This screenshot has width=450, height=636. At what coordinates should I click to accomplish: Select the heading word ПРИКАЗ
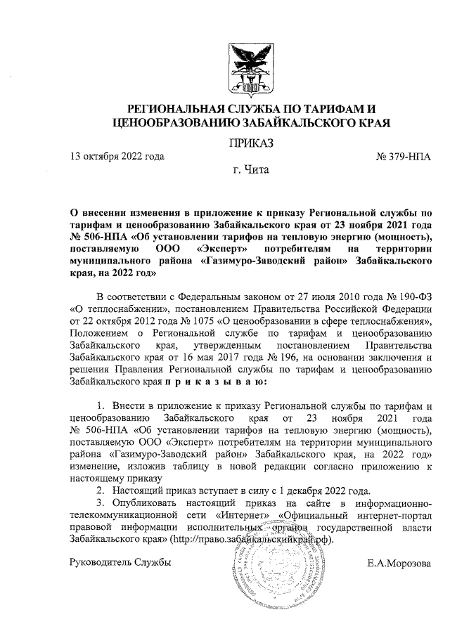(x=250, y=143)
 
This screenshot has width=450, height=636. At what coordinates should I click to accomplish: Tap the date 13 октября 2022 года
(x=117, y=157)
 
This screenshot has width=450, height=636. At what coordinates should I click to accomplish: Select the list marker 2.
(x=101, y=489)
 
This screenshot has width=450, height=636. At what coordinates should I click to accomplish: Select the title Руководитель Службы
(x=120, y=564)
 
